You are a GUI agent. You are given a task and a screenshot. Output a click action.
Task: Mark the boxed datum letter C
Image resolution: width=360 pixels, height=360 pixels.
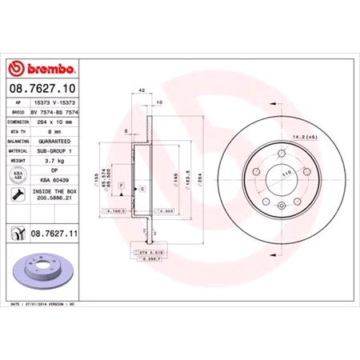(x=141, y=188)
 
